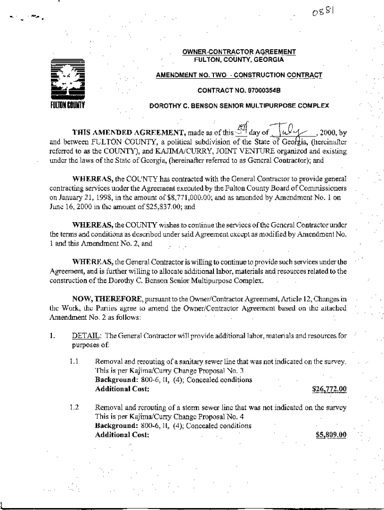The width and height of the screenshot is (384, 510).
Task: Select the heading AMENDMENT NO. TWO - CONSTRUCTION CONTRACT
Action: pyautogui.click(x=239, y=75)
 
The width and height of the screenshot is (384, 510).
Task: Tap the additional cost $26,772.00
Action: pyautogui.click(x=329, y=388)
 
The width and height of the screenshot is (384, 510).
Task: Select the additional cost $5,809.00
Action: pyautogui.click(x=331, y=434)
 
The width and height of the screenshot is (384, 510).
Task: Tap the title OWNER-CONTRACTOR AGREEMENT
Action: pyautogui.click(x=239, y=52)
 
